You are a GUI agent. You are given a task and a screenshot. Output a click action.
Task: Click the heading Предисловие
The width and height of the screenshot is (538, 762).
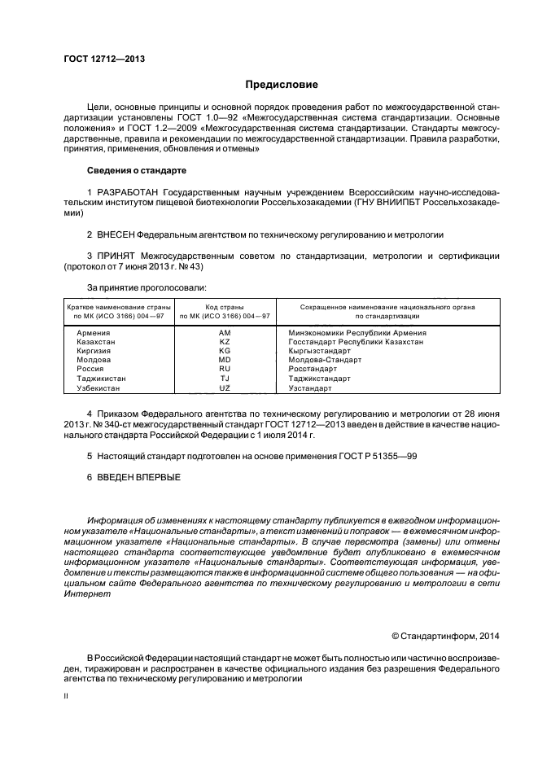pyautogui.click(x=282, y=85)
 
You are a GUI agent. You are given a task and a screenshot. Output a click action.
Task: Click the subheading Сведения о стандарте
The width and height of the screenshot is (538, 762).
pyautogui.click(x=136, y=171)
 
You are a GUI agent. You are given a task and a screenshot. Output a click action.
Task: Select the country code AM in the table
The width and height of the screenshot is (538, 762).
pyautogui.click(x=225, y=333)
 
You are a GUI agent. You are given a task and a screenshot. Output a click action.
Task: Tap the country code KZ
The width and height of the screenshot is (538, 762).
pyautogui.click(x=225, y=342)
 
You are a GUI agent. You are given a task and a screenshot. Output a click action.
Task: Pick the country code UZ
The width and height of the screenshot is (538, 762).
pyautogui.click(x=225, y=388)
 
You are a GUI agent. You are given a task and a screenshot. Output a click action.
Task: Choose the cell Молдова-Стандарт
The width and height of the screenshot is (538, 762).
pyautogui.click(x=326, y=360)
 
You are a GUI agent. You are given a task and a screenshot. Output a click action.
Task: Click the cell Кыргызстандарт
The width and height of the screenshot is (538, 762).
pyautogui.click(x=322, y=351)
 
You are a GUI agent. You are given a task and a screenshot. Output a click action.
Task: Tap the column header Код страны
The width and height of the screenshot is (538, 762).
pyautogui.click(x=225, y=306)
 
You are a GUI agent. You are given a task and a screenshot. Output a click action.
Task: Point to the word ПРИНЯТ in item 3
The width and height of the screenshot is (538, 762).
pyautogui.click(x=114, y=256)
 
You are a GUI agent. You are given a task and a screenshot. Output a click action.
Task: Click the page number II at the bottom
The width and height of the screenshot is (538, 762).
pyautogui.click(x=67, y=697)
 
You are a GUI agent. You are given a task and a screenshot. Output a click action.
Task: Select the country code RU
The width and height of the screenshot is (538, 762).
pyautogui.click(x=225, y=370)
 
